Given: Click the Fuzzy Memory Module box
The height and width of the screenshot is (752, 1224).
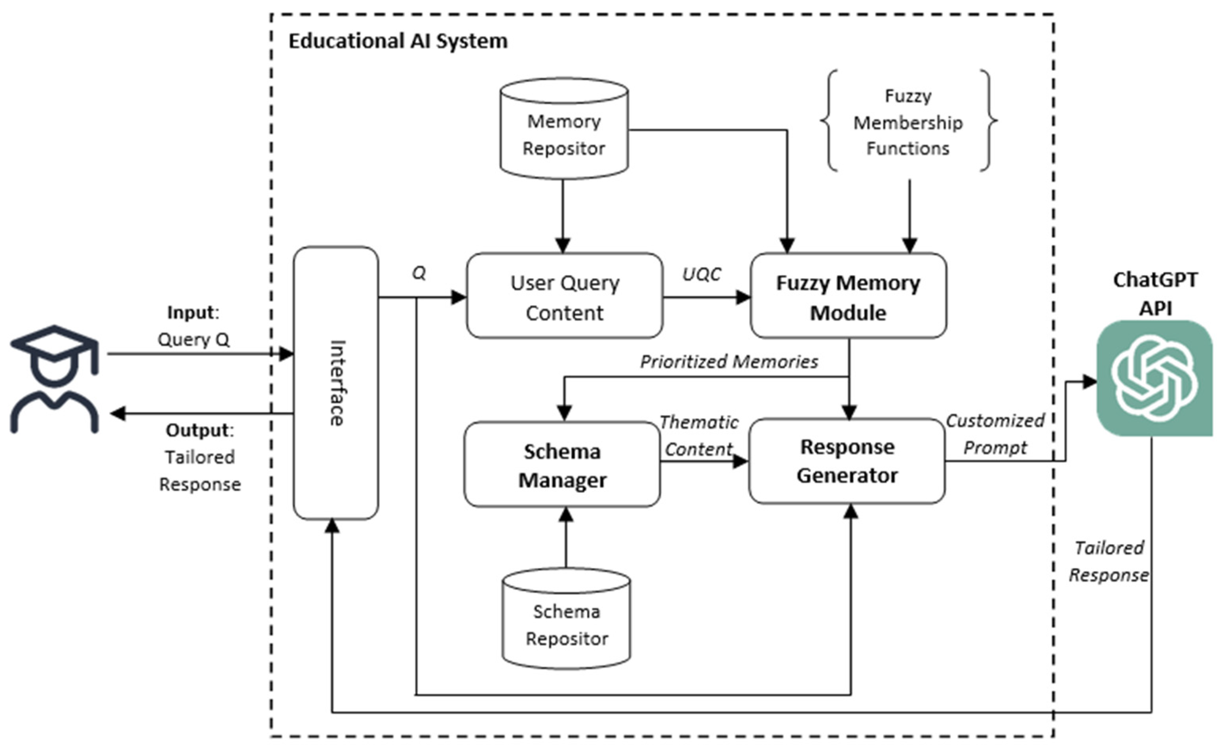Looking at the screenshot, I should point(848,297).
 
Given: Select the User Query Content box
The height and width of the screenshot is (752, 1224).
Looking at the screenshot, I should point(565,297).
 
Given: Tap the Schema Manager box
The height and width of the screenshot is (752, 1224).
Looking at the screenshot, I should point(562,465).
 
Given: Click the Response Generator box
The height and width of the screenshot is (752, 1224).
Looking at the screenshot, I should point(847,461).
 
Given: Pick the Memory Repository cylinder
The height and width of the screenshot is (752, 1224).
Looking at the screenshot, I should point(564,129).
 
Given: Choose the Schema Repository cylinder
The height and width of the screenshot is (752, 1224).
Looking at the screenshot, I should point(567,619).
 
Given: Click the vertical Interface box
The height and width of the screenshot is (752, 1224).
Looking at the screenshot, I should point(336,383).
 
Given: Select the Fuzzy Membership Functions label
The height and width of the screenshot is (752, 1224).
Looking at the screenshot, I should point(908,123).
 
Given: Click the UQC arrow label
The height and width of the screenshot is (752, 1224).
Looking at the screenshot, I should point(701,274).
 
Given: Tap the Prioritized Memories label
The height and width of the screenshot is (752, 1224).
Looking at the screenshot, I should point(729,362).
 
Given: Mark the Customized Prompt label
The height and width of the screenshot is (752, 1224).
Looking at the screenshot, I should point(995,434).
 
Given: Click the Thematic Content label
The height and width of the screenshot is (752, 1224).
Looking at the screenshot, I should point(699,436).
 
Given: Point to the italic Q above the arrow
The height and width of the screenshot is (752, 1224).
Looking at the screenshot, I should point(419,273).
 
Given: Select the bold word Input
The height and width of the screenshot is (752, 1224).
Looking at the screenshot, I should point(191,312).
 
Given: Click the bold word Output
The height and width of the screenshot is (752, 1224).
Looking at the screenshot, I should point(198,430).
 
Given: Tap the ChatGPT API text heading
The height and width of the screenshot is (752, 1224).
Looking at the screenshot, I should point(1155,294).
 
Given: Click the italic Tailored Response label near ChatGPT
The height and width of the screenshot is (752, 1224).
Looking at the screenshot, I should point(1109,562).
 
